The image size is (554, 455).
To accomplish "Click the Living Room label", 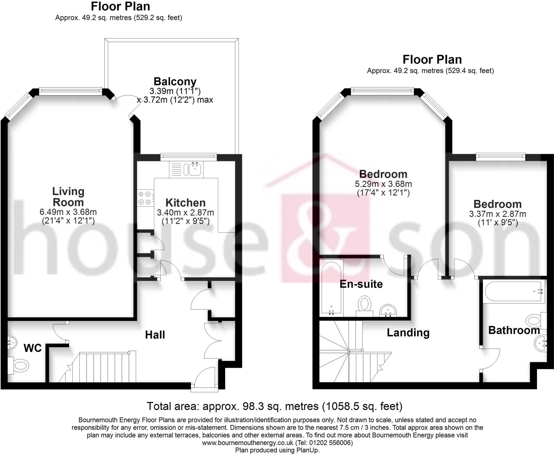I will point(68,197).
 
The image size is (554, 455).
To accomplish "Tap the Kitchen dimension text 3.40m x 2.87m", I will point(185,213).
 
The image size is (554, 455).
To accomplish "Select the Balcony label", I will point(175,81).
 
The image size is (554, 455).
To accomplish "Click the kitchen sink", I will point(195,169).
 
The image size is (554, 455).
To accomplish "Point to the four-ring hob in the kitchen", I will point(145,198).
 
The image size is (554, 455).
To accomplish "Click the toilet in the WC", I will point(20,366).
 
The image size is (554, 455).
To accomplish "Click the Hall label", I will point(155,335).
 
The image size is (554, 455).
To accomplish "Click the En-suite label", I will point(361,284).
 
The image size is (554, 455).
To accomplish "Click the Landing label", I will point(408,332).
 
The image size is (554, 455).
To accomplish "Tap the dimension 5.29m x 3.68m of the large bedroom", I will point(383,184).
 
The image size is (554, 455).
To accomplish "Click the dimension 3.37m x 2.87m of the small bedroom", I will point(497,214).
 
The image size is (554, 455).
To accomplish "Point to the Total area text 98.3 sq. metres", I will point(275,406).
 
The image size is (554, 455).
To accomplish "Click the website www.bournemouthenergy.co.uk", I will point(248,443).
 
